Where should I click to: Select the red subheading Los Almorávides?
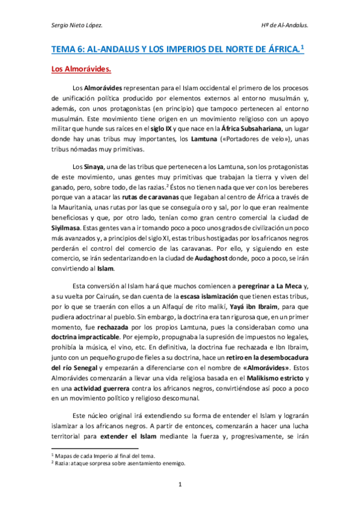pos(77,69)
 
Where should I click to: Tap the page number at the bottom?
pos(180,484)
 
